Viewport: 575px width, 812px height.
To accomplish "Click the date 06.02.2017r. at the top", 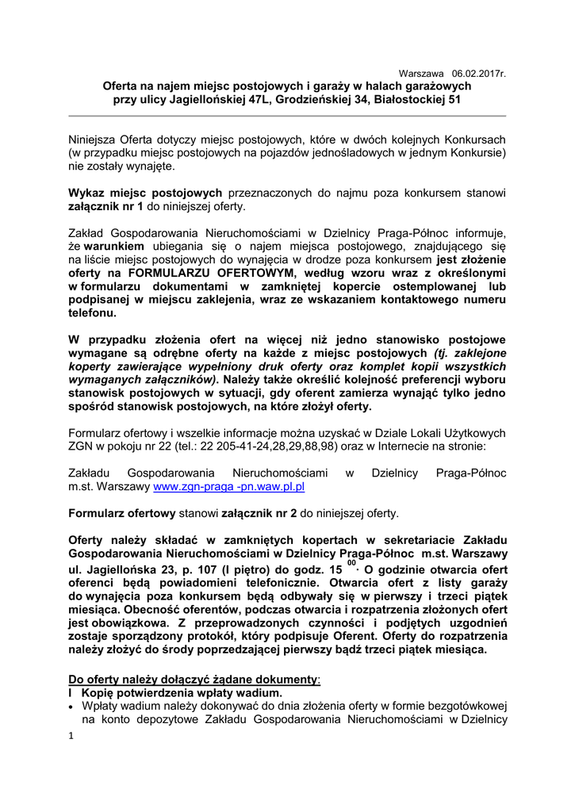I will coord(479,73).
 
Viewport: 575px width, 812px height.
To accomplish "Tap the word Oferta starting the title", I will coord(122,86).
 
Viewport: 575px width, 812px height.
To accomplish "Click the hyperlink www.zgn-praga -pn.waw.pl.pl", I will coord(229,486).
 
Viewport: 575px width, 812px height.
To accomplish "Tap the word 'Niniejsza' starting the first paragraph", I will coord(94,139).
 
